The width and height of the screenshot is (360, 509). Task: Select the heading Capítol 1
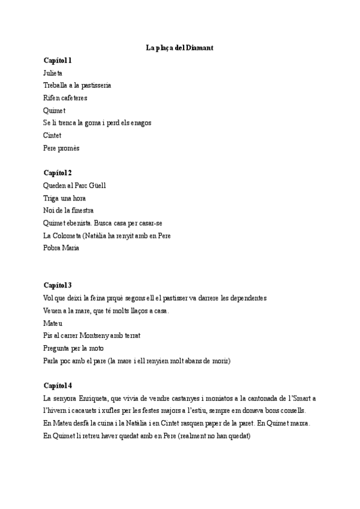58,60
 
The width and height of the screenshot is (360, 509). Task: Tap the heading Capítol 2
58,173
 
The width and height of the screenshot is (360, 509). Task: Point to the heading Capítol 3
58,285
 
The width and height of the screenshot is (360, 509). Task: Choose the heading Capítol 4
58,385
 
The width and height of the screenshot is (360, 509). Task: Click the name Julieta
53,73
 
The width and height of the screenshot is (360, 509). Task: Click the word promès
69,148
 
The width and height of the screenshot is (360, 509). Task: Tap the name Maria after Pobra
71,248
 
